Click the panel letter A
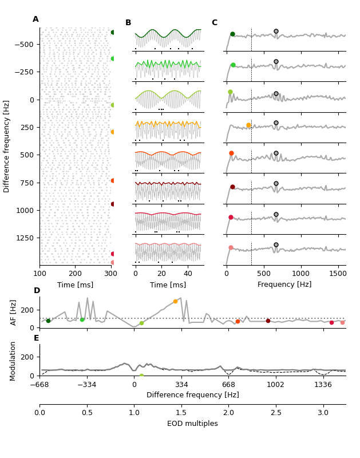coord(35,19)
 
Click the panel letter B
coord(128,23)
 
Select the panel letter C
coord(215,23)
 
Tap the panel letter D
coord(37,291)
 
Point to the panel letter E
coord(37,338)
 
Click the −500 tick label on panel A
coord(23,45)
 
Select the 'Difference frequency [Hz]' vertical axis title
coord(7,146)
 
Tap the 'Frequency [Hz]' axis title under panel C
coord(284,285)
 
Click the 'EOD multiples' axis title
coord(192,424)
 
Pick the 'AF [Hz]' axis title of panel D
coord(14,312)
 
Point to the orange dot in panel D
coord(175,301)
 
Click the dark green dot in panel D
coord(48,321)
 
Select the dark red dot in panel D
coord(268,321)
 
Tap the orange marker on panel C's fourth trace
coord(248,125)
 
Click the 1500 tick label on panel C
coord(338,273)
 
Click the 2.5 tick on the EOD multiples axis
coord(276,413)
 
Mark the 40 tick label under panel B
coord(188,273)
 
